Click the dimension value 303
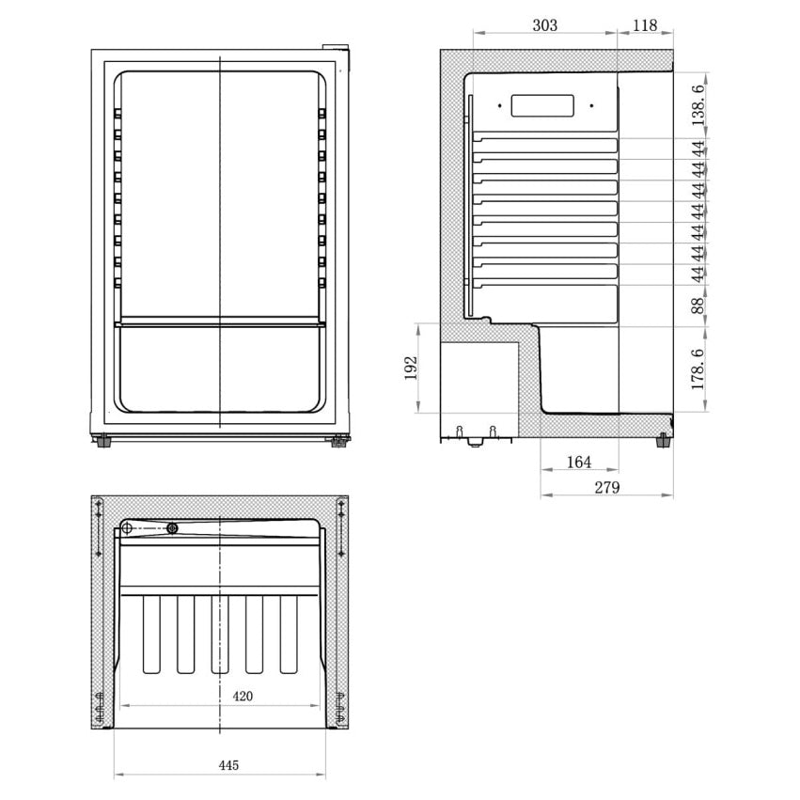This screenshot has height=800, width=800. point(544,25)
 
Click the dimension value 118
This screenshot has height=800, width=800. point(645,25)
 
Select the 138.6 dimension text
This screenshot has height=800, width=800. point(697,104)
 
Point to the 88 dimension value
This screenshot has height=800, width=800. point(697,305)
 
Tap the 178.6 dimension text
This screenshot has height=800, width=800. point(697,369)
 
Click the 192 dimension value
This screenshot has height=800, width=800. point(411,368)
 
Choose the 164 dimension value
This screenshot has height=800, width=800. point(579,463)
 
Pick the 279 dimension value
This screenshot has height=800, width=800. point(606,488)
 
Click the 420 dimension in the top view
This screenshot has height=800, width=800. point(243,697)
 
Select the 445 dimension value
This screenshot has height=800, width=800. point(228,765)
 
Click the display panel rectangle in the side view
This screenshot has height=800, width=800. point(542,105)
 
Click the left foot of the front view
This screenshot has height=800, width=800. point(101,439)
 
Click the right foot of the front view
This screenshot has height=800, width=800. point(337,439)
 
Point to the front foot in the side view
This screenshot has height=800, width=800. point(665,440)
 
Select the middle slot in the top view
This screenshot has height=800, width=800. point(220,635)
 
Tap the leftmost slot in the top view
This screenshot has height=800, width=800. point(151,635)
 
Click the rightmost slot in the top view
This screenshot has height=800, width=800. point(288,635)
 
